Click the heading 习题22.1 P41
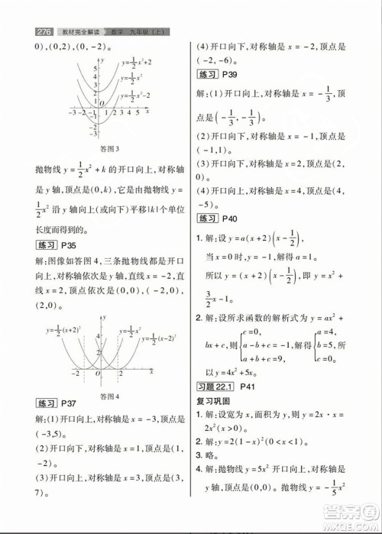click(222, 387)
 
